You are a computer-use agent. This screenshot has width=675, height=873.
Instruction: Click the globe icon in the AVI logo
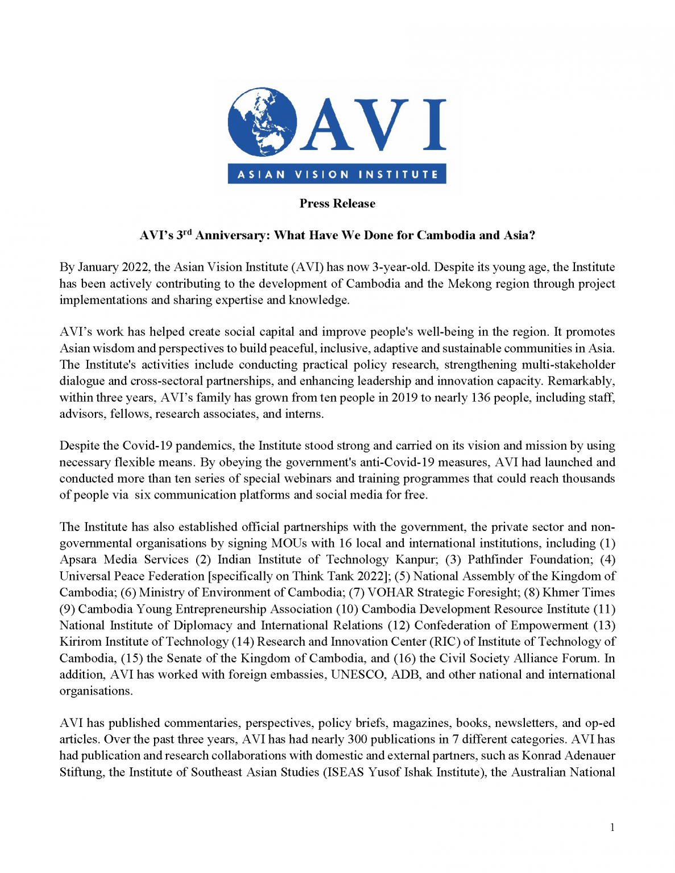pyautogui.click(x=262, y=122)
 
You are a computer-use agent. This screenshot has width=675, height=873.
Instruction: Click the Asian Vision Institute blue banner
pyautogui.click(x=337, y=174)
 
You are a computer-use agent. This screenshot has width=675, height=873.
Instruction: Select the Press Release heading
pyautogui.click(x=337, y=203)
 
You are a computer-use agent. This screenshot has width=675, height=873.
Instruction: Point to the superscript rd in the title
pyautogui.click(x=187, y=232)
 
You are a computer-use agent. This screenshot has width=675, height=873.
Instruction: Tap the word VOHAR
pyautogui.click(x=390, y=592)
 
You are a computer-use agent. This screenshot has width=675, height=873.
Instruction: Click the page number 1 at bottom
pyautogui.click(x=612, y=828)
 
